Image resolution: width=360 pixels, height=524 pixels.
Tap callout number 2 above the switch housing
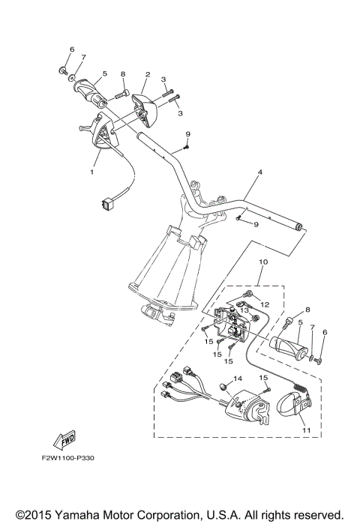(148, 75)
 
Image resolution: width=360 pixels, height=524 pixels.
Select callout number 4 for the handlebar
(259, 173)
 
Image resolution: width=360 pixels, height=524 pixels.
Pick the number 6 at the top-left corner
(72, 49)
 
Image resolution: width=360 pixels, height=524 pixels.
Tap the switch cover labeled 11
(292, 406)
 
